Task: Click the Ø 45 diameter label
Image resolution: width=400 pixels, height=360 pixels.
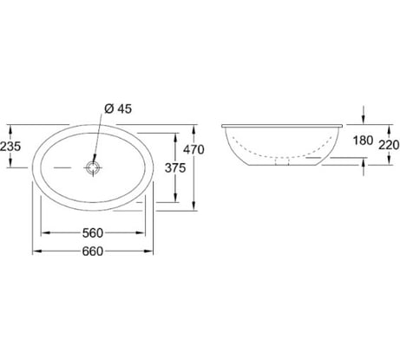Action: point(118,109)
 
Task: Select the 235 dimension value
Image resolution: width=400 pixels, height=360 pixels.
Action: point(10,147)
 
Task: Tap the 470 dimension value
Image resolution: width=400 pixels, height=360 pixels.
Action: point(193,149)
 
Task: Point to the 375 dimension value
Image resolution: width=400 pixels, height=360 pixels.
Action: point(175,167)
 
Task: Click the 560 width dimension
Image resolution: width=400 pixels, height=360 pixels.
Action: point(93,233)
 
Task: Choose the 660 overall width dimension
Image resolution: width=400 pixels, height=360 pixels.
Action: point(93,252)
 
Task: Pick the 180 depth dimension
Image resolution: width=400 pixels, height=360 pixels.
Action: point(363,141)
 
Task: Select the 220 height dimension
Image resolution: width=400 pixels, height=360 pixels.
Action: point(390,145)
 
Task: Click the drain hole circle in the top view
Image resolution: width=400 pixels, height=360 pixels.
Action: point(93,167)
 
